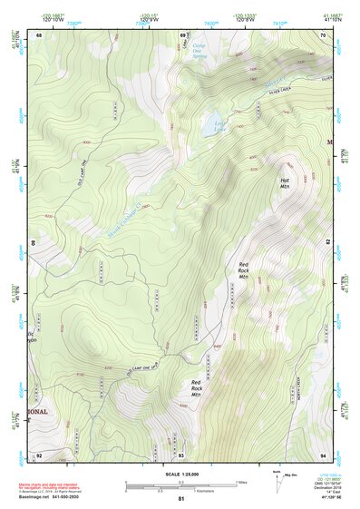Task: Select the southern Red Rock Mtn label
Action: click(x=196, y=387)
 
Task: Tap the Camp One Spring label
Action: click(x=201, y=54)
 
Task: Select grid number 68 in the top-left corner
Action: click(x=39, y=35)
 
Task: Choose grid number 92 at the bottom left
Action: click(x=39, y=455)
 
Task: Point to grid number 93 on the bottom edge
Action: click(x=181, y=455)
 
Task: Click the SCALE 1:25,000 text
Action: click(x=181, y=475)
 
